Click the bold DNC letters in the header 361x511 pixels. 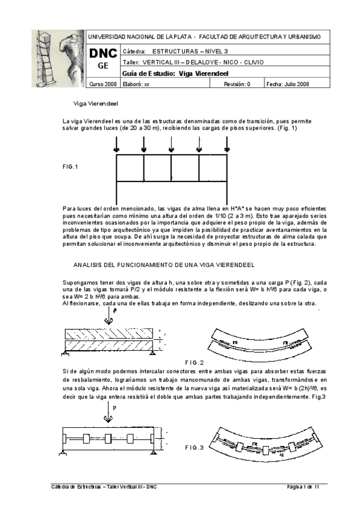104,54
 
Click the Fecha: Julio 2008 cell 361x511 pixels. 287,84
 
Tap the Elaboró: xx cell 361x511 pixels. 136,84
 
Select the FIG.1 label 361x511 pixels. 71,166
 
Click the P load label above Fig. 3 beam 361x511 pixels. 114,409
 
